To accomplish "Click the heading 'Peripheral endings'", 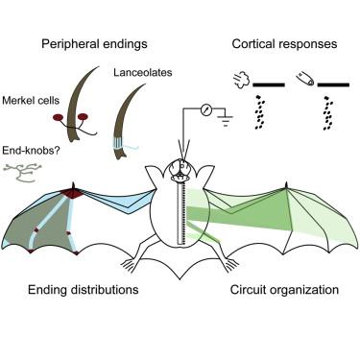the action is [94, 44].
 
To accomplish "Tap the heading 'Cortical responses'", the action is [284, 44].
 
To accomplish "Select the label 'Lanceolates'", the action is [143, 72].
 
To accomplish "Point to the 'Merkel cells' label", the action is [31, 101].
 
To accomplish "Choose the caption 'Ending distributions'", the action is [84, 290].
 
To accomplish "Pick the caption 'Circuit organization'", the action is [284, 290].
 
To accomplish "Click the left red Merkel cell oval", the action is [59, 118].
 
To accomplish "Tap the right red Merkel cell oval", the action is [83, 117].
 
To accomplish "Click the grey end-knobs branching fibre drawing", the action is [22, 173].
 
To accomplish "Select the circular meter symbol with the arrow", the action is [206, 110].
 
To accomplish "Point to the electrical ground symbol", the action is [226, 121].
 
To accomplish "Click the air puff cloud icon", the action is [241, 79].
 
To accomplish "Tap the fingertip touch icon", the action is [305, 79].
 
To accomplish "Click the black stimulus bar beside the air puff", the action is [269, 84].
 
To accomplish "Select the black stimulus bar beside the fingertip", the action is [333, 84].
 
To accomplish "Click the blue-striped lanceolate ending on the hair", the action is [120, 143].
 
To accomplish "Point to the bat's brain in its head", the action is [180, 169].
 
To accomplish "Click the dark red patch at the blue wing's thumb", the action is [73, 193].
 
